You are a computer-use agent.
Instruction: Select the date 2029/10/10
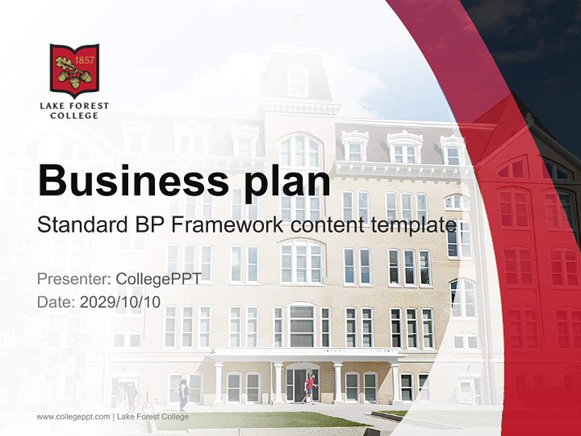pyautogui.click(x=120, y=302)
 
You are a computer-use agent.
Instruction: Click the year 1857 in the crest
pyautogui.click(x=83, y=61)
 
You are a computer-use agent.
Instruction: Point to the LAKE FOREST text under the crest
pyautogui.click(x=74, y=105)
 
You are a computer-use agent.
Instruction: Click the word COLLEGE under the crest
pyautogui.click(x=74, y=115)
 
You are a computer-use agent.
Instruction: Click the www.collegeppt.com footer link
pyautogui.click(x=73, y=417)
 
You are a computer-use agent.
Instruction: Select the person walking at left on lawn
pyautogui.click(x=183, y=394)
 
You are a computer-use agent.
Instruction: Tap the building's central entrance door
pyautogui.click(x=300, y=385)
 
